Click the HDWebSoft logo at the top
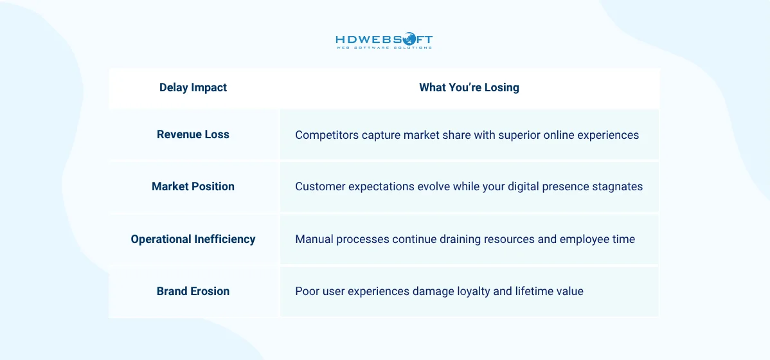pyautogui.click(x=384, y=41)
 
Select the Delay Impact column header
pyautogui.click(x=193, y=87)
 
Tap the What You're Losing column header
pyautogui.click(x=469, y=87)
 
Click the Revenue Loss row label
pyautogui.click(x=193, y=134)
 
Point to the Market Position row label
pyautogui.click(x=193, y=186)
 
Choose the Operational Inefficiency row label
pyautogui.click(x=193, y=239)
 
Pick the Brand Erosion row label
pyautogui.click(x=193, y=291)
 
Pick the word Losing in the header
pyautogui.click(x=502, y=87)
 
